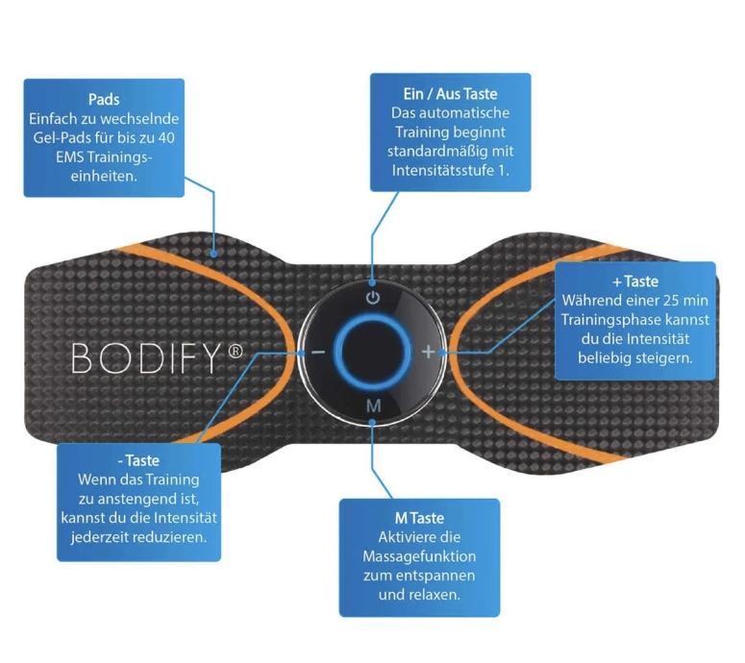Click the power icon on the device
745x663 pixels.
click(x=373, y=297)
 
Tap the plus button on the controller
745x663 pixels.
click(x=429, y=351)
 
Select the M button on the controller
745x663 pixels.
click(x=373, y=405)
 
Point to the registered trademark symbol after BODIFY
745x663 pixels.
click(x=236, y=351)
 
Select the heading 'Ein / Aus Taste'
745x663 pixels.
click(x=450, y=94)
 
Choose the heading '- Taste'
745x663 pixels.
click(x=138, y=461)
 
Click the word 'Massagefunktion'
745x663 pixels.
click(x=419, y=557)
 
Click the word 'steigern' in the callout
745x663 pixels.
click(x=663, y=357)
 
